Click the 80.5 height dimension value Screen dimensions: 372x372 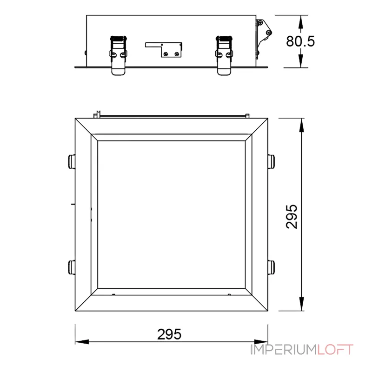pyautogui.click(x=300, y=41)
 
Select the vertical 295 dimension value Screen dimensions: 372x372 pyautogui.click(x=292, y=217)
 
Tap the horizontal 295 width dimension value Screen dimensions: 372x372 pyautogui.click(x=169, y=334)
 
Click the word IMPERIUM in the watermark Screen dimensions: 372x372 pyautogui.click(x=284, y=350)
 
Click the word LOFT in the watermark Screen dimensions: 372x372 pyautogui.click(x=335, y=350)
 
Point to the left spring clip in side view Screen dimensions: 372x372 pyautogui.click(x=118, y=55)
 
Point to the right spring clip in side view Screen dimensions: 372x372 pyautogui.click(x=224, y=55)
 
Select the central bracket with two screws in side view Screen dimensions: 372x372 pyautogui.click(x=164, y=50)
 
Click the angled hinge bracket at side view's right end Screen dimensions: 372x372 pyautogui.click(x=263, y=38)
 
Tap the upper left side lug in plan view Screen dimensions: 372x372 pyautogui.click(x=72, y=161)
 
